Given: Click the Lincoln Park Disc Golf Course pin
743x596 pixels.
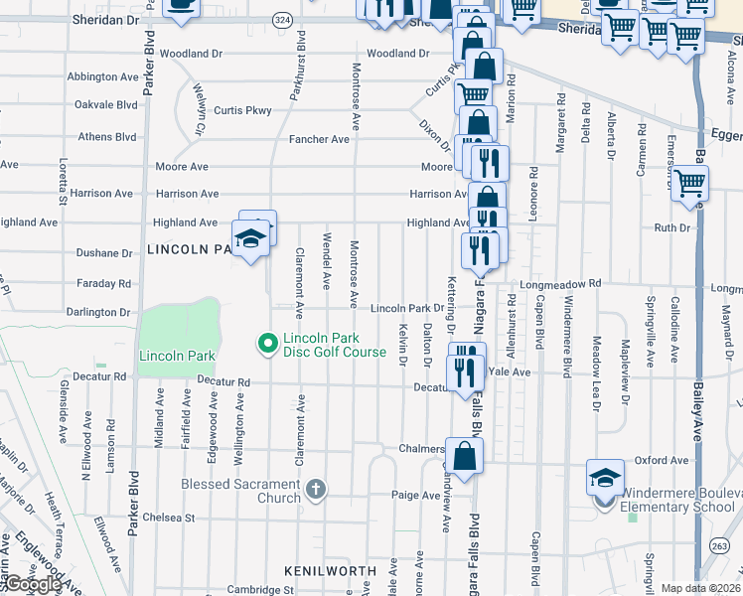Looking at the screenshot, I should click(x=266, y=344).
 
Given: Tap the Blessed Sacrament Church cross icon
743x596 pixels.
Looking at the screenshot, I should click(x=316, y=488).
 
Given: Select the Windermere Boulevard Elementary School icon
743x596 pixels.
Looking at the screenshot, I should click(x=605, y=478).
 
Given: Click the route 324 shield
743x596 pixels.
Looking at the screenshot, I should click(x=283, y=20).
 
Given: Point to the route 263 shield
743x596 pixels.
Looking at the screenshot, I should click(x=718, y=544).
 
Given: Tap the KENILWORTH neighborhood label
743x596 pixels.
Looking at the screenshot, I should click(x=330, y=571).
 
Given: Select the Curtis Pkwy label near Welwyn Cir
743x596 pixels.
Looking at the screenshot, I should click(x=247, y=110).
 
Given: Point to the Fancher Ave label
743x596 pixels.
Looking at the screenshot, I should click(x=319, y=139).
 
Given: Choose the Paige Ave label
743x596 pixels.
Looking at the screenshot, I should click(x=415, y=495).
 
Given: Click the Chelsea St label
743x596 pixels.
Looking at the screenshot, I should click(x=169, y=518).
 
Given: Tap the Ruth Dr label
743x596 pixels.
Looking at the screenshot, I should click(x=671, y=227).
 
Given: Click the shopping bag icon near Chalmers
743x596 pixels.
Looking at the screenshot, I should click(x=464, y=456).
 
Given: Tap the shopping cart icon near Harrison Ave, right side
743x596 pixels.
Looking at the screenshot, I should click(x=688, y=182).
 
